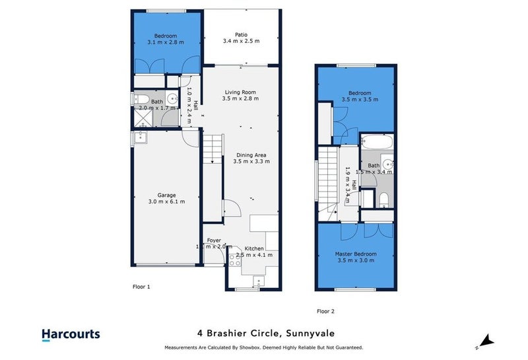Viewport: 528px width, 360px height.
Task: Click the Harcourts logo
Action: tap(71, 334)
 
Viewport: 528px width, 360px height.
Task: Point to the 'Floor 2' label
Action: tap(325, 310)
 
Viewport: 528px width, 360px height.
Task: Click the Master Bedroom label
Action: tap(356, 254)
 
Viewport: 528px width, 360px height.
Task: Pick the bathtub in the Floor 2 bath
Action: tap(377, 143)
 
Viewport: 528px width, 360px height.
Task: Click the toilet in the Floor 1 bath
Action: tap(140, 100)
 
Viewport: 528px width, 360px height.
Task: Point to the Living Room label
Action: tap(240, 92)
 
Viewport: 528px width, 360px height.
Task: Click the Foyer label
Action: tap(214, 240)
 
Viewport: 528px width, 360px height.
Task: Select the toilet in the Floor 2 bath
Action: tap(384, 199)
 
